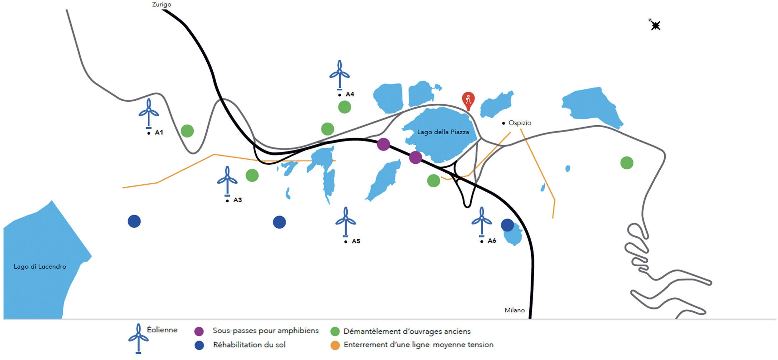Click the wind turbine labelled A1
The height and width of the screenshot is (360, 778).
(149, 113)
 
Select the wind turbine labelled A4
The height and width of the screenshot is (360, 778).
(340, 75)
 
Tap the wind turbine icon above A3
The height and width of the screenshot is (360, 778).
(227, 180)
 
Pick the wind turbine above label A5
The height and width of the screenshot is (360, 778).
(345, 222)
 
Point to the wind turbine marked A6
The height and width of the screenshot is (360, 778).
(481, 221)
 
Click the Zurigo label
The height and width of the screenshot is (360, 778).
(162, 4)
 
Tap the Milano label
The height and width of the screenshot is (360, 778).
(514, 310)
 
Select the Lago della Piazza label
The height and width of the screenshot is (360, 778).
(443, 132)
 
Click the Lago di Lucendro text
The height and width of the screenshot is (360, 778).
(40, 266)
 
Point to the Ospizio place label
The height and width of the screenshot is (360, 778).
(519, 123)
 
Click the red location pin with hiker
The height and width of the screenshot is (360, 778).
(468, 101)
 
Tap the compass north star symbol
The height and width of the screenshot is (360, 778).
(655, 25)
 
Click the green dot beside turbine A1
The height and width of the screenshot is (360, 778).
(187, 131)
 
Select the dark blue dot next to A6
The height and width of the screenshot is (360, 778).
(507, 225)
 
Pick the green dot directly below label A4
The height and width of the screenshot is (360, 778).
(344, 107)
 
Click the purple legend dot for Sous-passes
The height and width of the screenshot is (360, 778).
(199, 331)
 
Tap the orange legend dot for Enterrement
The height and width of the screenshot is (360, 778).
(335, 345)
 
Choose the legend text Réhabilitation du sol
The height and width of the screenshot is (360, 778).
(249, 345)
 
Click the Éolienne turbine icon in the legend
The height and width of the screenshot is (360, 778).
(138, 339)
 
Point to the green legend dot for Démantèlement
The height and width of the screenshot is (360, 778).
(335, 331)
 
